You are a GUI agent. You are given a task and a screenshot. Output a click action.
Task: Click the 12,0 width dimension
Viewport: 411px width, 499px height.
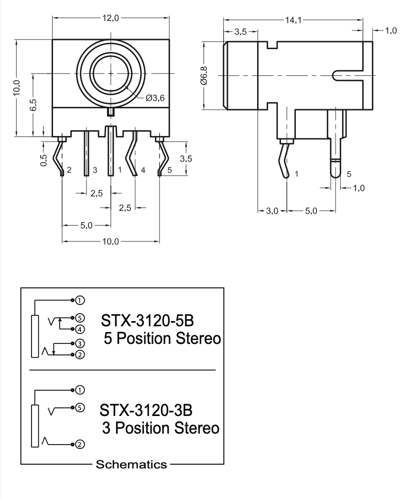tap(110, 19)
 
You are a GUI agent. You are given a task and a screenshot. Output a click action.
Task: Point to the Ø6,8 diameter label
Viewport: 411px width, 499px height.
tap(205, 76)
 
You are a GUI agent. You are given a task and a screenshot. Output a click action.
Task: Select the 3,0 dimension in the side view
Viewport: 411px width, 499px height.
tap(271, 210)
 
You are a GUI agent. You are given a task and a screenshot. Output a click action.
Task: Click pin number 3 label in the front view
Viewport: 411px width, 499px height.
tap(95, 170)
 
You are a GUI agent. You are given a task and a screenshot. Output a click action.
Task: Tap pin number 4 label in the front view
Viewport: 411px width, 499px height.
tap(143, 170)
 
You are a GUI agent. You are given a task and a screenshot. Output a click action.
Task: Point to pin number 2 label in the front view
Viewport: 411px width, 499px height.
tap(70, 170)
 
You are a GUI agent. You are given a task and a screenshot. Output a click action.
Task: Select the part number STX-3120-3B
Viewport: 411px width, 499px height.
tap(149, 410)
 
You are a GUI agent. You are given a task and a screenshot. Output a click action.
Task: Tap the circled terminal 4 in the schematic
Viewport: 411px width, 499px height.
tap(80, 329)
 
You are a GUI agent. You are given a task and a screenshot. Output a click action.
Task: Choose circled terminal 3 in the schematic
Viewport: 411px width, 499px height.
tap(80, 343)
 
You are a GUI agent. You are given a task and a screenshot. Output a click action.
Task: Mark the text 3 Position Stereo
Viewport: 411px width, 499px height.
tap(161, 428)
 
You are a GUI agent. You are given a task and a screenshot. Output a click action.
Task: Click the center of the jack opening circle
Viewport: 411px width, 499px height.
tap(111, 74)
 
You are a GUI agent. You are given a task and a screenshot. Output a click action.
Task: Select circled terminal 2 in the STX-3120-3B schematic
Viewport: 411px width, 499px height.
tap(80, 444)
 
